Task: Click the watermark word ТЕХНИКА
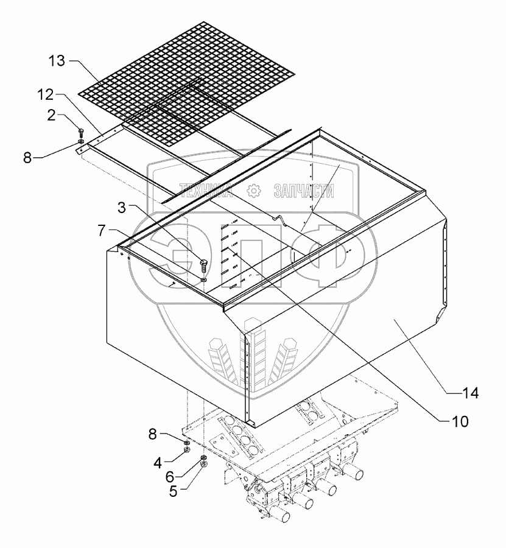click(x=206, y=191)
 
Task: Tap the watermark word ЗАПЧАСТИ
click(x=304, y=191)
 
